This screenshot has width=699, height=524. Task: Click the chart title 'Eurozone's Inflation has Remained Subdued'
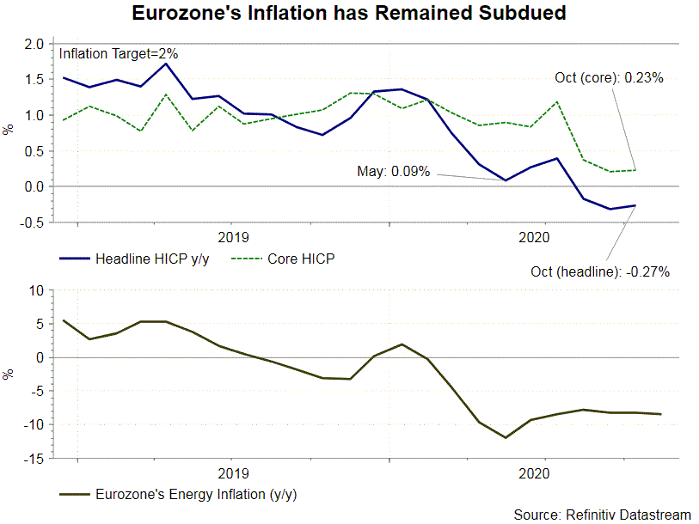[349, 15]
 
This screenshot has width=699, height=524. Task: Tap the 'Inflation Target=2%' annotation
[118, 53]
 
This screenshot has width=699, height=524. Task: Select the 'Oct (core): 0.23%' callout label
[609, 77]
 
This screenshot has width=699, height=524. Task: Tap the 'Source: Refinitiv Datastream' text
[602, 514]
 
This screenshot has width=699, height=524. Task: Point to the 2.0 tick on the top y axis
[34, 44]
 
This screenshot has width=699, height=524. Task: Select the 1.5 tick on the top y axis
[34, 79]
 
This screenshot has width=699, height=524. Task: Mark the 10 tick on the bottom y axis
[36, 289]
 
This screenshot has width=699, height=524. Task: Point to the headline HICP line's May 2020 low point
[506, 180]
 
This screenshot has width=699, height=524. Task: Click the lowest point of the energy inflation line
[506, 437]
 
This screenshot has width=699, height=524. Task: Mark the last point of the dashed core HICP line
[635, 170]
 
